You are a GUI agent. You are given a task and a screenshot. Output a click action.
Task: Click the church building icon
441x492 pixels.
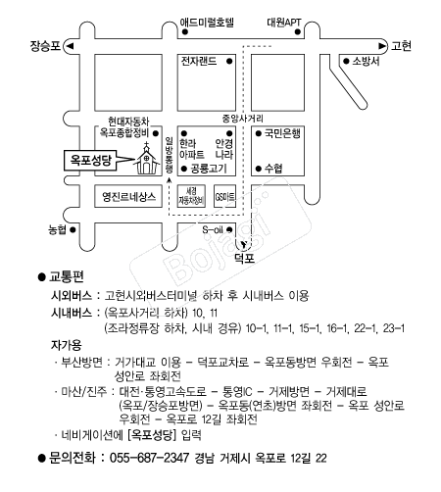click(147, 159)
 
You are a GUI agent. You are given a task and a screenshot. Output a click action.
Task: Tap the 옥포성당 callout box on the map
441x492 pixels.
click(90, 160)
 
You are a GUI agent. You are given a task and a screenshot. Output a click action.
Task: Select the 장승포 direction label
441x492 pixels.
click(45, 46)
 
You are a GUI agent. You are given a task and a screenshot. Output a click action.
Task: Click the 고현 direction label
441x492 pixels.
click(401, 46)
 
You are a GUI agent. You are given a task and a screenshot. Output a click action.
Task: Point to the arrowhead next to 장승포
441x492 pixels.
click(70, 46)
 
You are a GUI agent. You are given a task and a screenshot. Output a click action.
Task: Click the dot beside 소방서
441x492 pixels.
click(346, 61)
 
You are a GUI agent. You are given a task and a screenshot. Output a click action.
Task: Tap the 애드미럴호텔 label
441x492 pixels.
click(207, 23)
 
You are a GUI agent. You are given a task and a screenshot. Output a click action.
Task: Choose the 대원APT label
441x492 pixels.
click(284, 23)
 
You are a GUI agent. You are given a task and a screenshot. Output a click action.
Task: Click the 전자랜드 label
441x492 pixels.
click(199, 61)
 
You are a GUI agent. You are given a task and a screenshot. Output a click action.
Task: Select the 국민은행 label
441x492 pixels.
click(282, 133)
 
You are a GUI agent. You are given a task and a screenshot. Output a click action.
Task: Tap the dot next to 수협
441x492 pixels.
click(259, 169)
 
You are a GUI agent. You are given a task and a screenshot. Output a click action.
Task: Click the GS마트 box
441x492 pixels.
click(224, 196)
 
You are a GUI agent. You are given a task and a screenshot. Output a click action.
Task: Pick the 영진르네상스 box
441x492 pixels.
click(128, 196)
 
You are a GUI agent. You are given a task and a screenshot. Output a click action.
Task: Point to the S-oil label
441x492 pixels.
click(213, 229)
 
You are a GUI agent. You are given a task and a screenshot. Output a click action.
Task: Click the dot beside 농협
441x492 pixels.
click(73, 229)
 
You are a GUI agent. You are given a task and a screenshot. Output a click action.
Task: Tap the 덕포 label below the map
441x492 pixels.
click(245, 259)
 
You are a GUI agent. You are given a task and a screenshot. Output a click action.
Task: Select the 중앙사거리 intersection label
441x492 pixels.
click(243, 119)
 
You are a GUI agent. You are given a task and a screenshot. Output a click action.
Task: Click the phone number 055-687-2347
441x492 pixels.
click(149, 458)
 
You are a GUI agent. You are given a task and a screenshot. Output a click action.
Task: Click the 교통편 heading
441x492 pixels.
click(67, 276)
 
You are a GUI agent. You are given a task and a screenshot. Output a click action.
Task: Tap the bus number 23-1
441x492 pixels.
click(394, 328)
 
